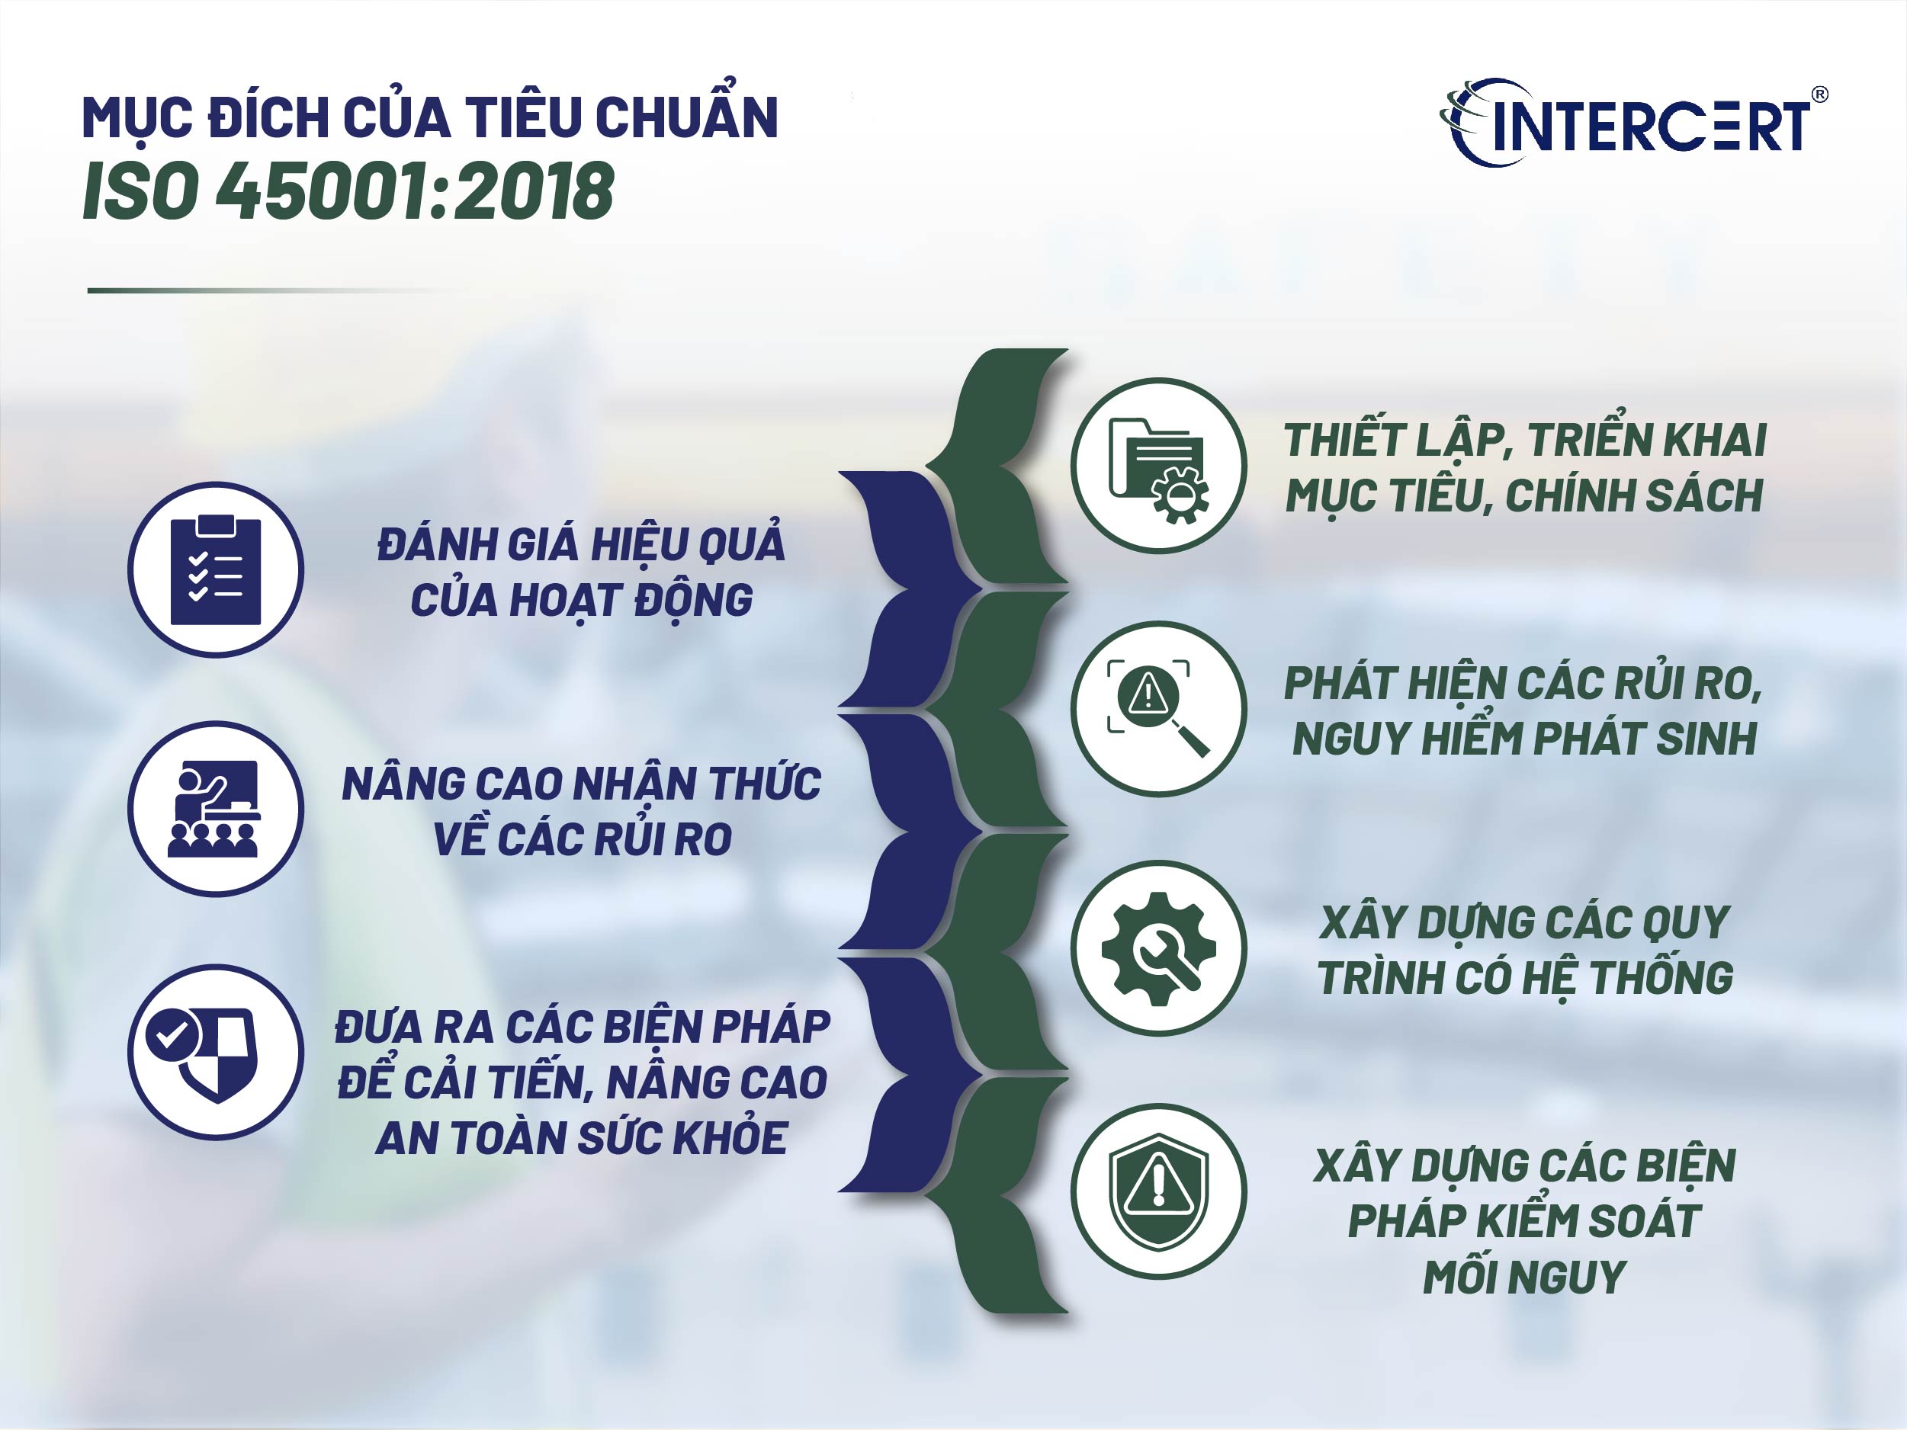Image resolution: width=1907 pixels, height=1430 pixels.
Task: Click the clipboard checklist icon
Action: (x=216, y=569)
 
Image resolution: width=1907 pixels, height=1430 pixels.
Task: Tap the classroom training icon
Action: (x=216, y=809)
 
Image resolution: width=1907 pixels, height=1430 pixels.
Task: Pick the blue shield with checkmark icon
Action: (x=216, y=1052)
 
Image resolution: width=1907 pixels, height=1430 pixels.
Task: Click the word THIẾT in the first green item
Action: (x=1332, y=441)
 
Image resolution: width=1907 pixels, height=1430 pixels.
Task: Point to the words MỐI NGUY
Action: (x=1523, y=1277)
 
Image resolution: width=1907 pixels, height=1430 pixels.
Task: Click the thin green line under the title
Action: (x=258, y=290)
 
